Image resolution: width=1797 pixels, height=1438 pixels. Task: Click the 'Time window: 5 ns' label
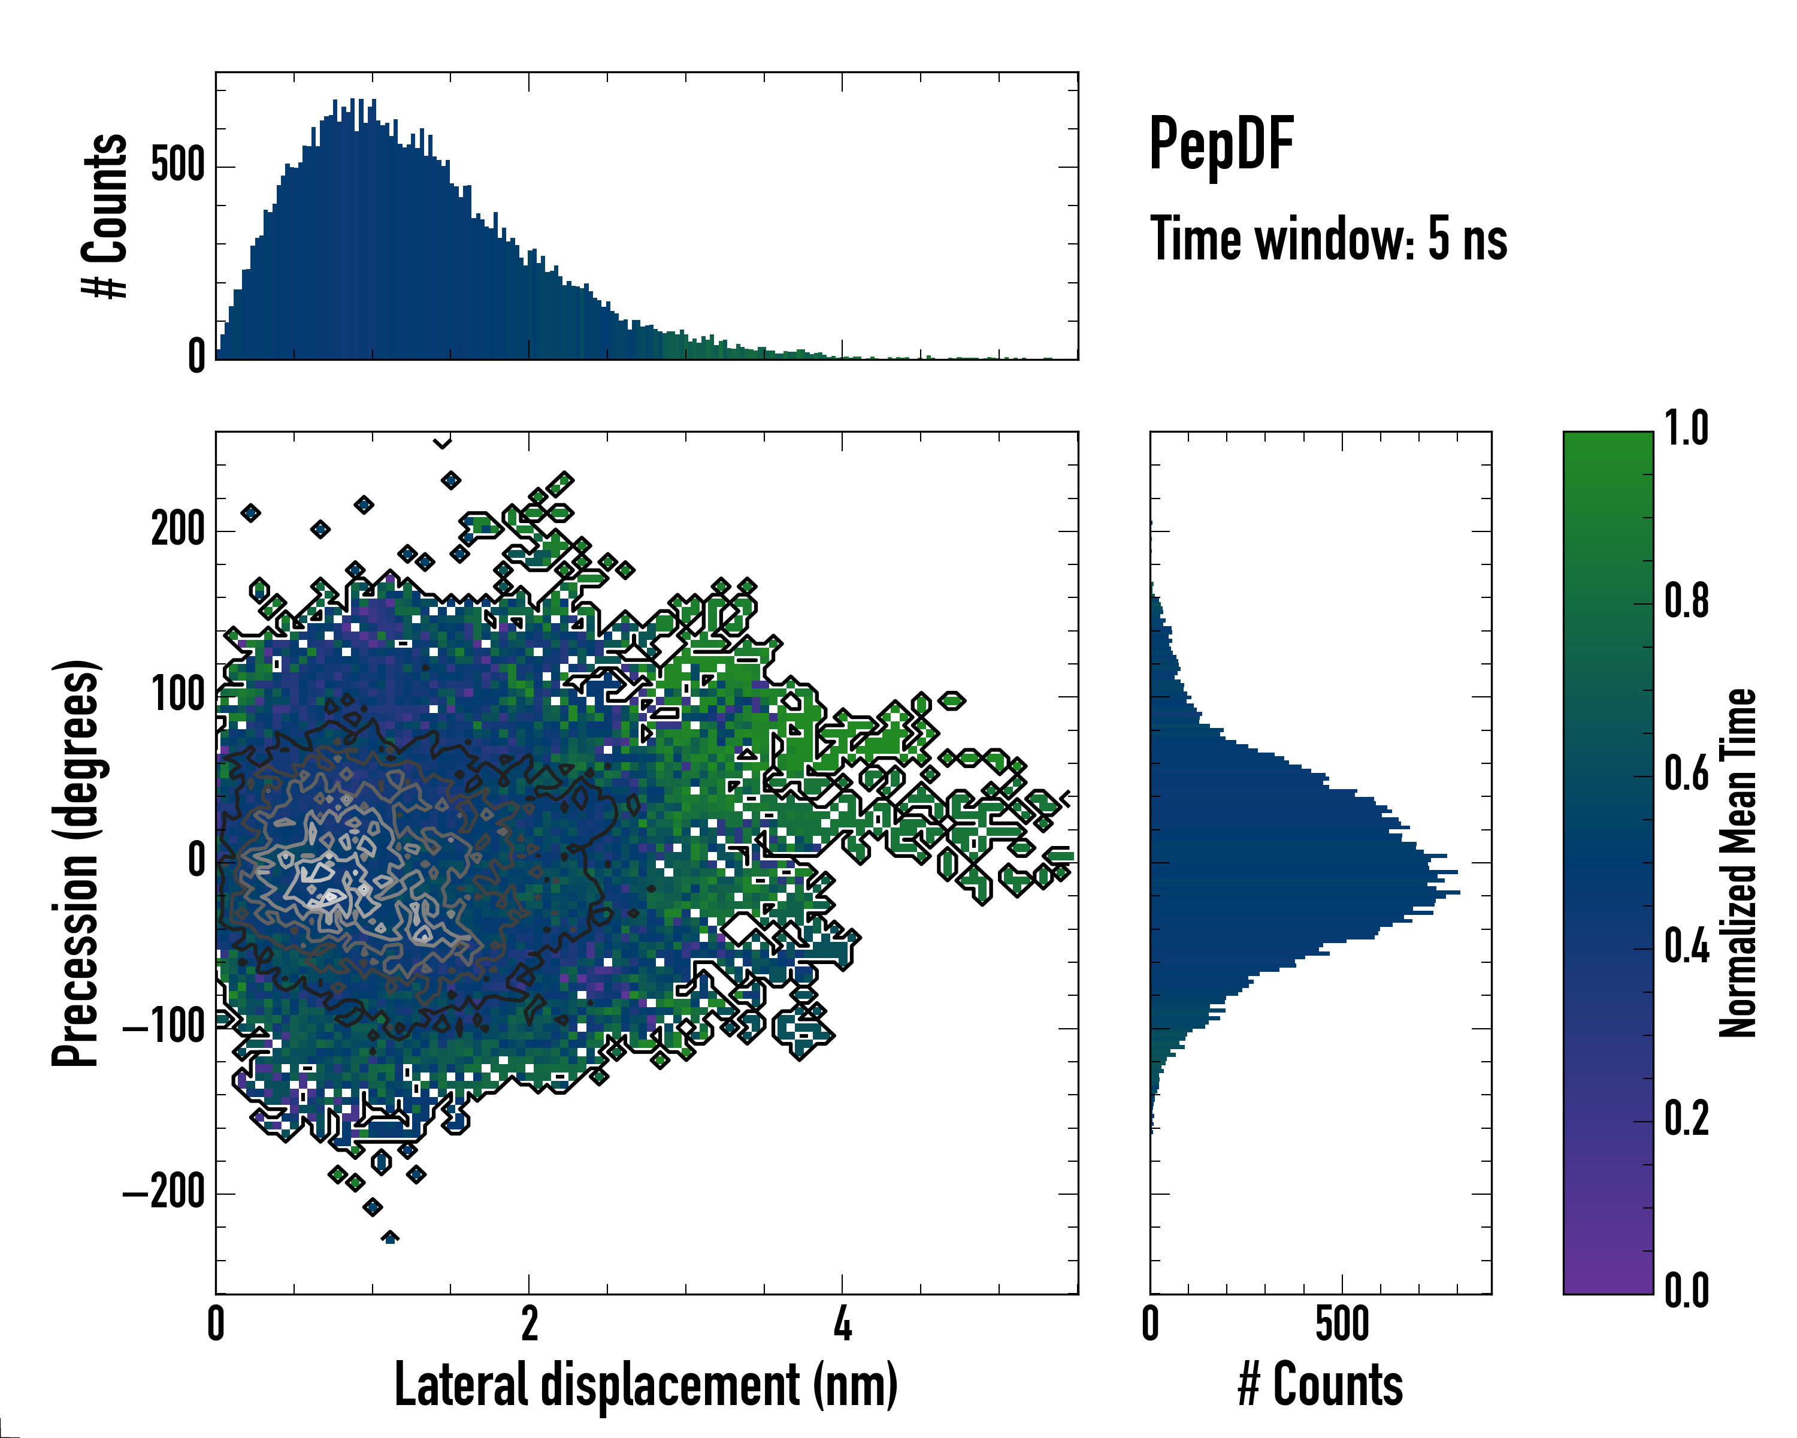click(1329, 239)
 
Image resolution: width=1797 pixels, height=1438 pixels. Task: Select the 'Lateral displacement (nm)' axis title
click(646, 1385)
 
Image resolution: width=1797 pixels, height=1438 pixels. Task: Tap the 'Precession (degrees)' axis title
click(77, 863)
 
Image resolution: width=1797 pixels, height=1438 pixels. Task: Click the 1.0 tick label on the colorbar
click(1686, 430)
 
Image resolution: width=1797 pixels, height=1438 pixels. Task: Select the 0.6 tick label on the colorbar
click(1686, 775)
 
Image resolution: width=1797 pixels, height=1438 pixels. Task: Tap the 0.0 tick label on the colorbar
click(1686, 1291)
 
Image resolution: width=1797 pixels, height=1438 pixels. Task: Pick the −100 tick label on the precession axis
click(164, 1027)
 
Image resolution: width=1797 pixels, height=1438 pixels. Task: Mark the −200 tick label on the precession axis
click(164, 1193)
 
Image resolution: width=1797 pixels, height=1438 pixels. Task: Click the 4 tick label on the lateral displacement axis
click(843, 1325)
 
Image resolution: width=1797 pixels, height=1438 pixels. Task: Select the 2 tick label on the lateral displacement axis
click(530, 1325)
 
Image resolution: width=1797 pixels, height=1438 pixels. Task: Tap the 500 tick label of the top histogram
click(177, 165)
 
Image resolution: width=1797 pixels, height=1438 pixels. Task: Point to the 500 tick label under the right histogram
click(1342, 1325)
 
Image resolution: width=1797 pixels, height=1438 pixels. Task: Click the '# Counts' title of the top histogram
click(107, 215)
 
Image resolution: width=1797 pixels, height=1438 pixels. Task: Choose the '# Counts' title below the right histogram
click(1320, 1385)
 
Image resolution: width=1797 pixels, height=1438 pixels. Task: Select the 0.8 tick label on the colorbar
click(1686, 602)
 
